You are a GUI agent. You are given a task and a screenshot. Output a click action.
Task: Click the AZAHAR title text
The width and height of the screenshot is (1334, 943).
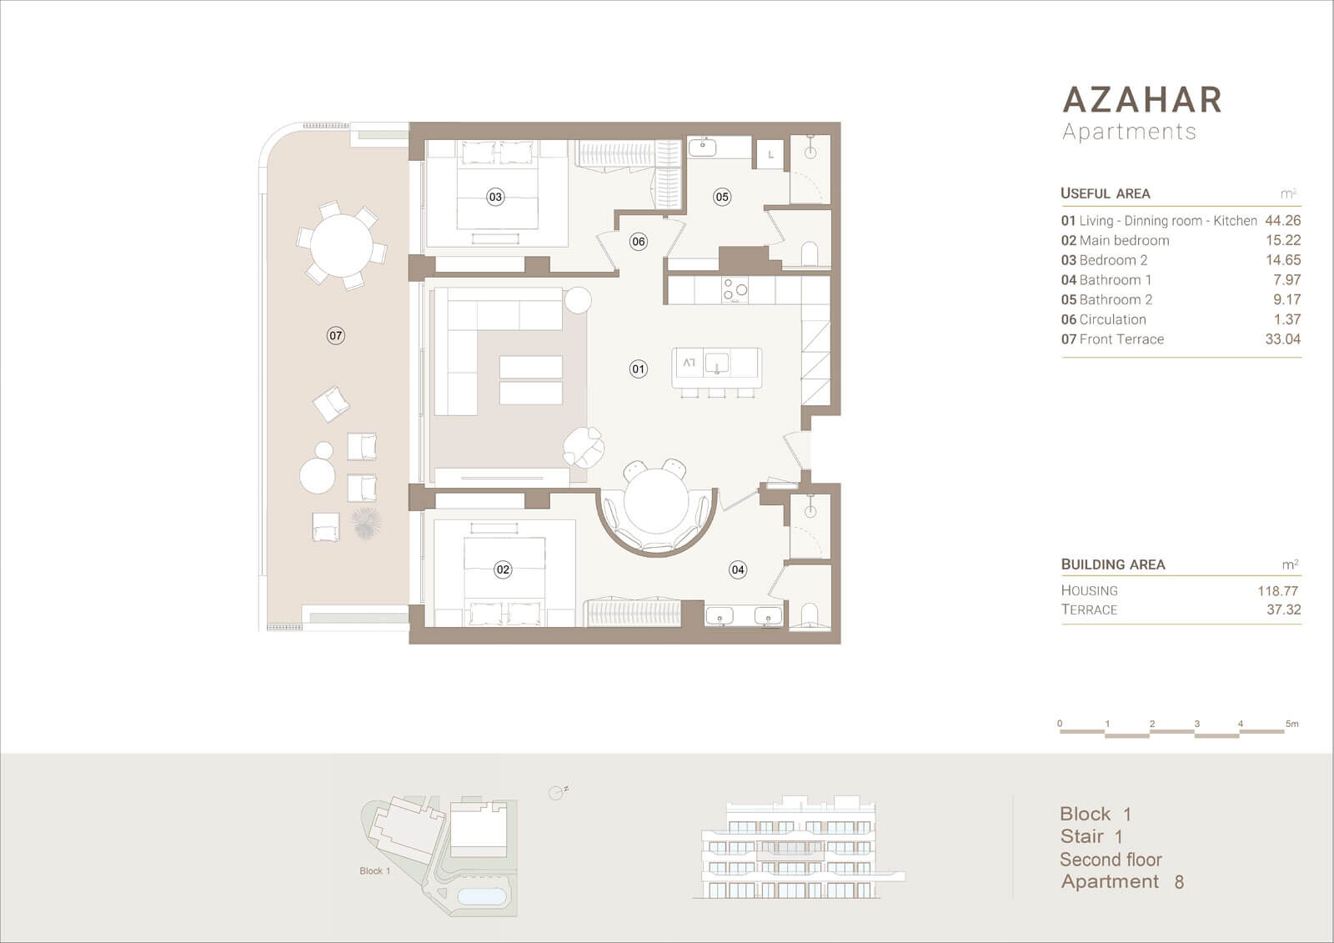(x=1141, y=99)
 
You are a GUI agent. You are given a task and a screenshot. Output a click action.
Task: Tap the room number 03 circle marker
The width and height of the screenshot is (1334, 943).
(x=495, y=197)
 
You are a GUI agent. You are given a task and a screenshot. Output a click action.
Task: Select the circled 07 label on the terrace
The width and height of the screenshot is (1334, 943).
(x=336, y=335)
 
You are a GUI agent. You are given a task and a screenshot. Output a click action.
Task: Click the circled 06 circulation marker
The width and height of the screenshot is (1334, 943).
(x=639, y=241)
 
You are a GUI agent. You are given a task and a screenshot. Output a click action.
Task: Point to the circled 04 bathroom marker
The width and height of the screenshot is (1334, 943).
(x=738, y=569)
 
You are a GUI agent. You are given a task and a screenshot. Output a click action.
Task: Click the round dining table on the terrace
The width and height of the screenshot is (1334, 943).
(x=341, y=245)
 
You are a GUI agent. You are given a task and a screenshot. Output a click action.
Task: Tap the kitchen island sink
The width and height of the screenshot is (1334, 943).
(x=716, y=363)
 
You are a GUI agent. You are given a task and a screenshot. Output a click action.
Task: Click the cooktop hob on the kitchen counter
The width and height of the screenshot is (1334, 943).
(x=735, y=290)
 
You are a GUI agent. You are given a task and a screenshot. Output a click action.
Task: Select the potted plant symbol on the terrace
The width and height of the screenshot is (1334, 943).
(x=366, y=523)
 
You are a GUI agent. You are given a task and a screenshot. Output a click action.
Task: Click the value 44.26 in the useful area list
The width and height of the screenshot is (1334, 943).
(x=1283, y=220)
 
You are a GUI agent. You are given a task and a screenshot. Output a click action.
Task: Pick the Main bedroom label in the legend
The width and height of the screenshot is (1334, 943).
(x=1125, y=240)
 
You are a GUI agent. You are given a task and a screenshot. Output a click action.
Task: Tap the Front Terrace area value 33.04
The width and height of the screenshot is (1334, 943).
(x=1283, y=339)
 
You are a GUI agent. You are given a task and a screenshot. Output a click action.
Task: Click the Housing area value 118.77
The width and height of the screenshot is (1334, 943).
(x=1277, y=591)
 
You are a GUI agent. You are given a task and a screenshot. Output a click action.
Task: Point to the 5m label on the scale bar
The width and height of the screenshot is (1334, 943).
(x=1291, y=724)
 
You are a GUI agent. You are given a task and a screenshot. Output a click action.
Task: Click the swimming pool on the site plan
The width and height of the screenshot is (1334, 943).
(x=482, y=896)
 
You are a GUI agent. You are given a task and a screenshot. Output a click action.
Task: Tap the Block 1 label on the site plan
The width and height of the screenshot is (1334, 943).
(x=374, y=871)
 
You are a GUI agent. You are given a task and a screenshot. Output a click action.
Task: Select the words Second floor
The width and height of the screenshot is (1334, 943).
(x=1111, y=860)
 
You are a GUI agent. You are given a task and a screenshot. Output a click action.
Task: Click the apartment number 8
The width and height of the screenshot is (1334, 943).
(x=1179, y=882)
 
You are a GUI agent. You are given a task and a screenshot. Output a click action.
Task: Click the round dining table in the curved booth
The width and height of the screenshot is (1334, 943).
(x=655, y=500)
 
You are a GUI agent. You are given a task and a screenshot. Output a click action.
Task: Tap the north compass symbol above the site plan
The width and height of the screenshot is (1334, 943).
(x=556, y=792)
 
